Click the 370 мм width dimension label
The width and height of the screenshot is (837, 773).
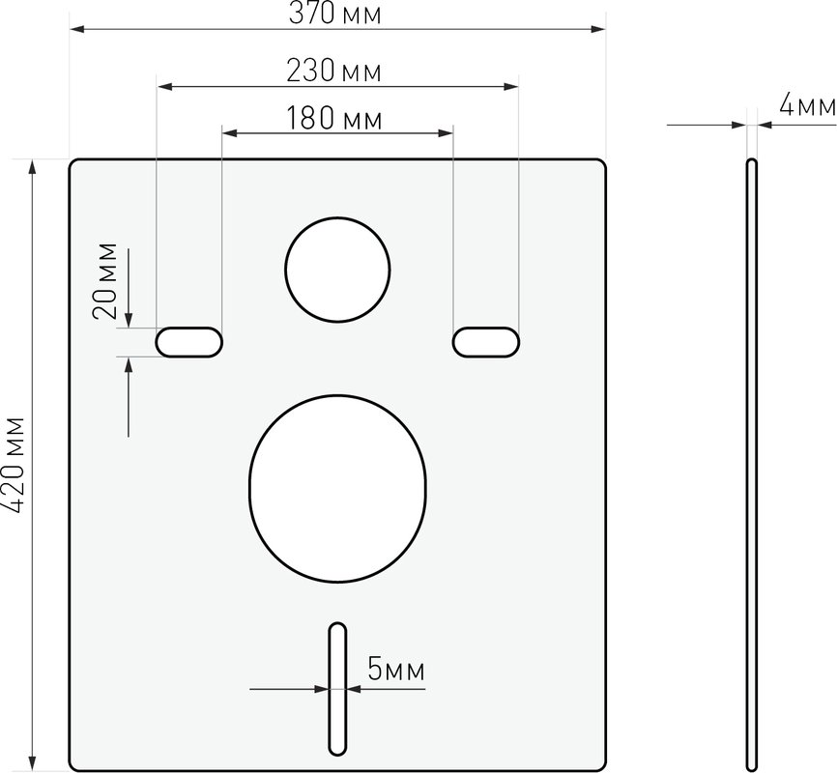click(x=335, y=14)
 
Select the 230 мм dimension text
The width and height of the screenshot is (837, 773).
click(x=334, y=71)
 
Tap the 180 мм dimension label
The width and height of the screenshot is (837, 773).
click(x=334, y=118)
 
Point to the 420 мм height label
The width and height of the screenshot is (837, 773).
click(x=14, y=465)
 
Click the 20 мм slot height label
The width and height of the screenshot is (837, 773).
click(x=104, y=281)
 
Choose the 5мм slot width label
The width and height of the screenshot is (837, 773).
click(x=396, y=670)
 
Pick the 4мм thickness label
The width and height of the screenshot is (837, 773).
click(x=808, y=104)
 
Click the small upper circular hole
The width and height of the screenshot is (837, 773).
click(x=337, y=270)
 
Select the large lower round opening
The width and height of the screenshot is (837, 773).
click(x=337, y=489)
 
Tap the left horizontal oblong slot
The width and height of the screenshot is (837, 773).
click(x=189, y=342)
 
